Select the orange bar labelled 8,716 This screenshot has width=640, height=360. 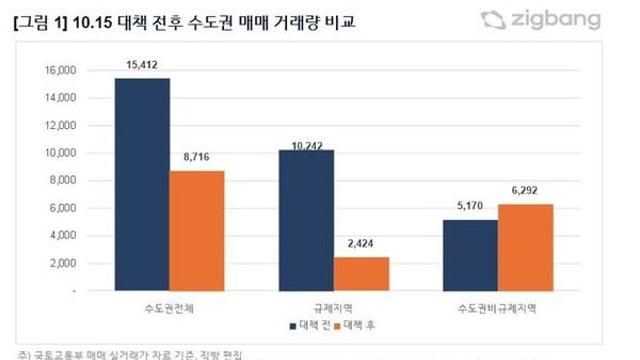(x=196, y=230)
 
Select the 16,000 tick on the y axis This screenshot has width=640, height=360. (x=60, y=71)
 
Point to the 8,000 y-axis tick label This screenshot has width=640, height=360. (x=63, y=181)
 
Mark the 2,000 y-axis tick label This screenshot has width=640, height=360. (x=63, y=263)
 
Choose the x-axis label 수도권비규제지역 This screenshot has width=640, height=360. (x=498, y=304)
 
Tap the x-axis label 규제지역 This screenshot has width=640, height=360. (x=334, y=304)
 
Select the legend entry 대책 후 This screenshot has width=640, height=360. (x=361, y=326)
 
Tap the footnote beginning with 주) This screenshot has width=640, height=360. (x=130, y=353)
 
